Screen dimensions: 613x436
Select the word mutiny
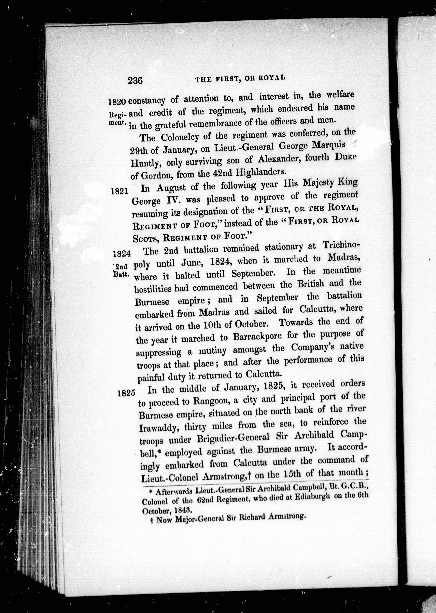[x=213, y=350]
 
